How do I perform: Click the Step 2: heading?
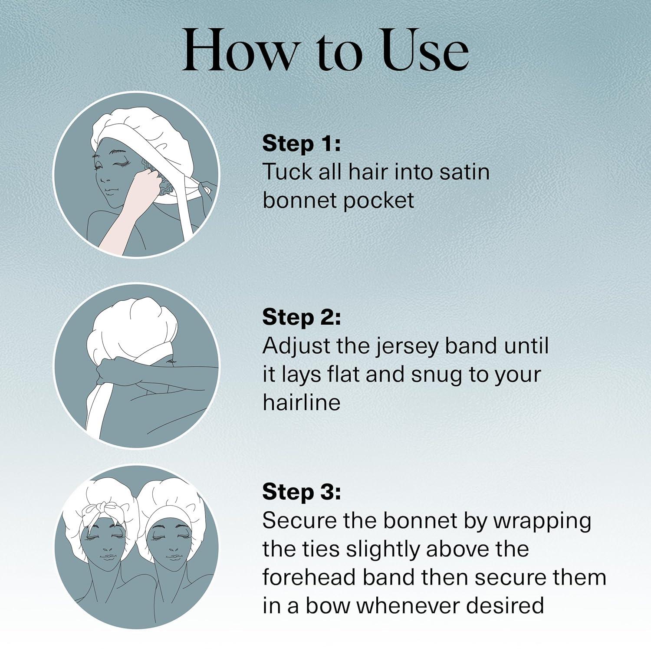302,317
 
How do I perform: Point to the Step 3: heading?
302,492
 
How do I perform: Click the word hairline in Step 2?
301,402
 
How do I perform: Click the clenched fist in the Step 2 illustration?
107,373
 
